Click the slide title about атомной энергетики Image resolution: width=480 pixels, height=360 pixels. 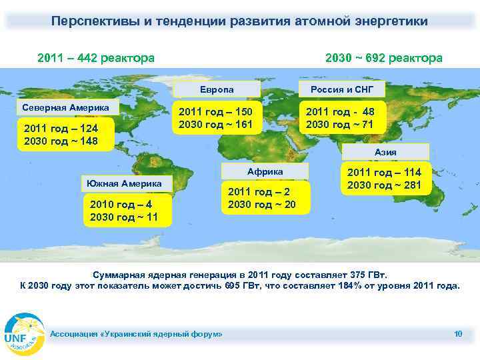240,21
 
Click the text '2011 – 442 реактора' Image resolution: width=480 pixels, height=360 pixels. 97,58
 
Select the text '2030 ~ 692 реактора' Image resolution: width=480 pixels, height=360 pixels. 383,58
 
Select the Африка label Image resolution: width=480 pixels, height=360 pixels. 265,172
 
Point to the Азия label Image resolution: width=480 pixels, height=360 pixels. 385,152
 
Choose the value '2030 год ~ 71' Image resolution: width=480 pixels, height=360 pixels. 339,125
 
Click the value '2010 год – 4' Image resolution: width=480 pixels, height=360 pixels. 119,204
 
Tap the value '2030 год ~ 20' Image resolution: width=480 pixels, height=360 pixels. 261,205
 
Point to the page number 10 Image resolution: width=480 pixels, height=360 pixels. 457,333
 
